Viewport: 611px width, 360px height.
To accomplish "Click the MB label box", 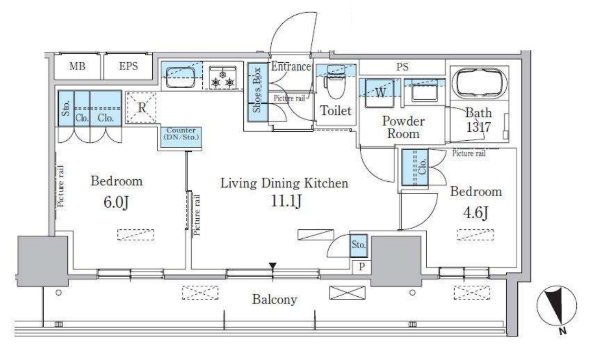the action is point(77,66).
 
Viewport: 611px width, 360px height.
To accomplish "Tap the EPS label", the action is point(128,66).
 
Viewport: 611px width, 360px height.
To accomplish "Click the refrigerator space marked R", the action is point(142,107).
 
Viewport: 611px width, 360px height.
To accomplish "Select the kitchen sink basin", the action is point(180,77).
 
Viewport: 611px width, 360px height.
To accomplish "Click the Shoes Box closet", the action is point(258,92).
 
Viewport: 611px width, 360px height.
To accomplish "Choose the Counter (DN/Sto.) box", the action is point(181,137).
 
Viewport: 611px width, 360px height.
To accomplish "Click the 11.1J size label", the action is point(286,201).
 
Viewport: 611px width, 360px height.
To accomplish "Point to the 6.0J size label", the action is point(116,202).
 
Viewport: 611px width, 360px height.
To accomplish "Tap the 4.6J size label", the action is point(476,212).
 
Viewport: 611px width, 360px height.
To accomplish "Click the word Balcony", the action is point(274,299).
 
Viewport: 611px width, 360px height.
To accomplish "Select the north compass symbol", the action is point(556,307).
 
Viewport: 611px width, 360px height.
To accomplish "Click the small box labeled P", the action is point(362,267).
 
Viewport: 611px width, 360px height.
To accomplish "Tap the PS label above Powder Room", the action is point(402,67).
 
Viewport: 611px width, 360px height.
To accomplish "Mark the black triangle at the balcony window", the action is point(273,266).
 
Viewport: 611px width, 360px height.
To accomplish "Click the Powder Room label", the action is point(403,127).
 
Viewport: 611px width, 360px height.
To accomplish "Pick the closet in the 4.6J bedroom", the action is point(415,167).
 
